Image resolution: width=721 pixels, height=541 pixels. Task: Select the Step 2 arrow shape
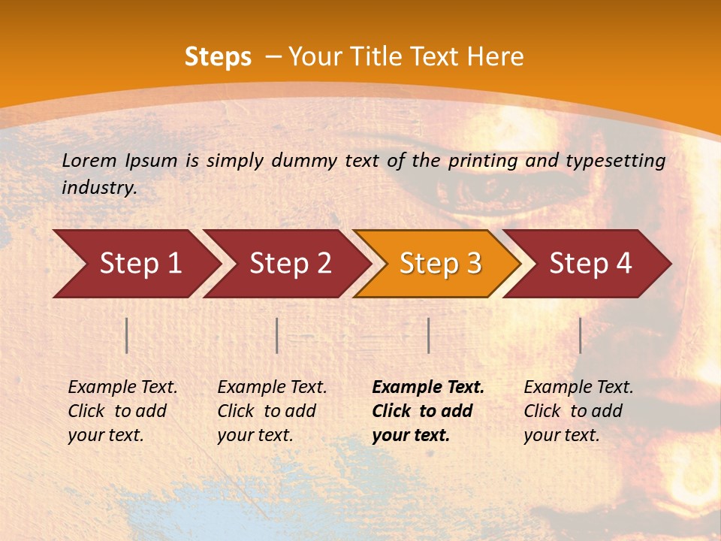tap(290, 264)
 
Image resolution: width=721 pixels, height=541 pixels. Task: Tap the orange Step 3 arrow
tap(440, 264)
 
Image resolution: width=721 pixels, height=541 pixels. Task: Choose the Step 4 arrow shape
tap(590, 264)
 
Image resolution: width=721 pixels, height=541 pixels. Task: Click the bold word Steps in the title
tap(218, 57)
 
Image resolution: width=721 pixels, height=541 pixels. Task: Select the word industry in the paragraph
tap(99, 188)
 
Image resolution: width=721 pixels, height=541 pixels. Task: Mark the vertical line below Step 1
tap(127, 335)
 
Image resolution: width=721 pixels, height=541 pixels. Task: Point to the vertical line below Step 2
tap(277, 335)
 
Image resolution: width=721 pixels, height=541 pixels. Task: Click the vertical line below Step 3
tap(428, 335)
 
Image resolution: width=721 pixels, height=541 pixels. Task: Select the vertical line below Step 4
tap(580, 335)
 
